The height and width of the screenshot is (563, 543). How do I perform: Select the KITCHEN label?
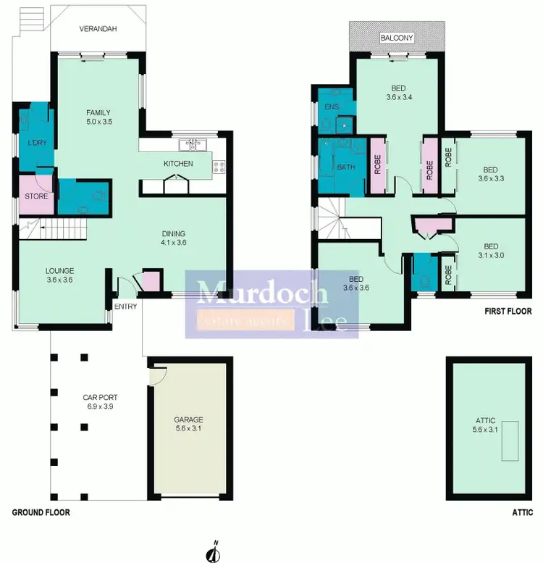[178, 164]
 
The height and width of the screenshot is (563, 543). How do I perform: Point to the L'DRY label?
[37, 143]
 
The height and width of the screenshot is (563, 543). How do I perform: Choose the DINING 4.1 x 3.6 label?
[174, 238]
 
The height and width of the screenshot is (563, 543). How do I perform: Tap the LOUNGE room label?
[59, 275]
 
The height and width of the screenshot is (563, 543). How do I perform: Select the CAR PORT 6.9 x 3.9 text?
[100, 402]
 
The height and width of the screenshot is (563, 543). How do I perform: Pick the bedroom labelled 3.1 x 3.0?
[490, 250]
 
